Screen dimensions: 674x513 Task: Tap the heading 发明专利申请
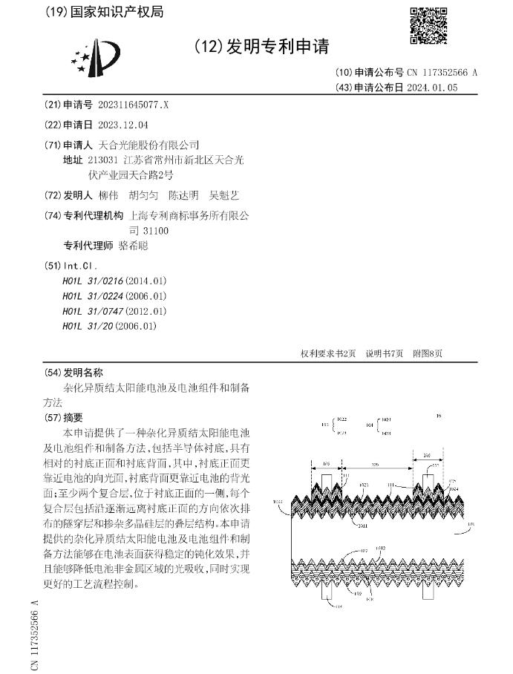coord(261,47)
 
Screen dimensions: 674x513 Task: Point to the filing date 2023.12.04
coord(122,125)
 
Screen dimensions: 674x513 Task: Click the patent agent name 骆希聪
coord(134,246)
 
